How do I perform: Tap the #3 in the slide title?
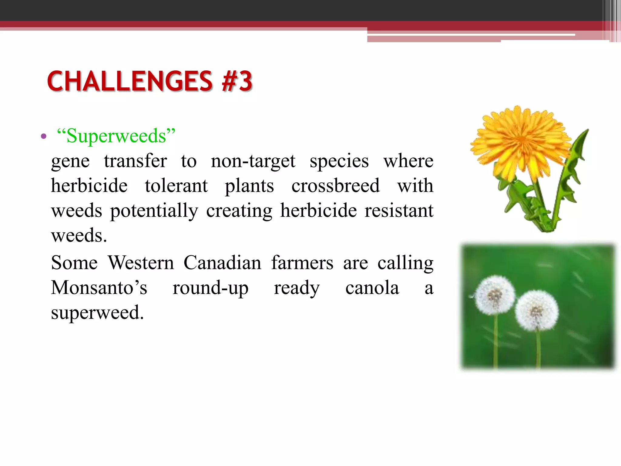(x=237, y=81)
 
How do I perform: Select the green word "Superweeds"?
(x=116, y=136)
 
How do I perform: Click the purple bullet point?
(x=44, y=136)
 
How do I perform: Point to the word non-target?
(x=253, y=161)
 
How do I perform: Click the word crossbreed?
(x=335, y=186)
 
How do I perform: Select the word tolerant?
(x=176, y=186)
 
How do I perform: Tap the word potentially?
(x=154, y=211)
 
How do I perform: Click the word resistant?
(x=399, y=211)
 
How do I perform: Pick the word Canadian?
(x=222, y=263)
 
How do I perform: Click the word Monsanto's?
(x=99, y=288)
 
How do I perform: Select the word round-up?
(x=210, y=288)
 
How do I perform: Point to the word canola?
(x=372, y=288)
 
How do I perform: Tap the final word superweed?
(x=97, y=313)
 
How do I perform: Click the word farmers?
(x=302, y=263)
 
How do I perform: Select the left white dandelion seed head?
(x=495, y=295)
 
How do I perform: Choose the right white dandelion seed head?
(x=537, y=310)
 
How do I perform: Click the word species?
(x=339, y=161)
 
